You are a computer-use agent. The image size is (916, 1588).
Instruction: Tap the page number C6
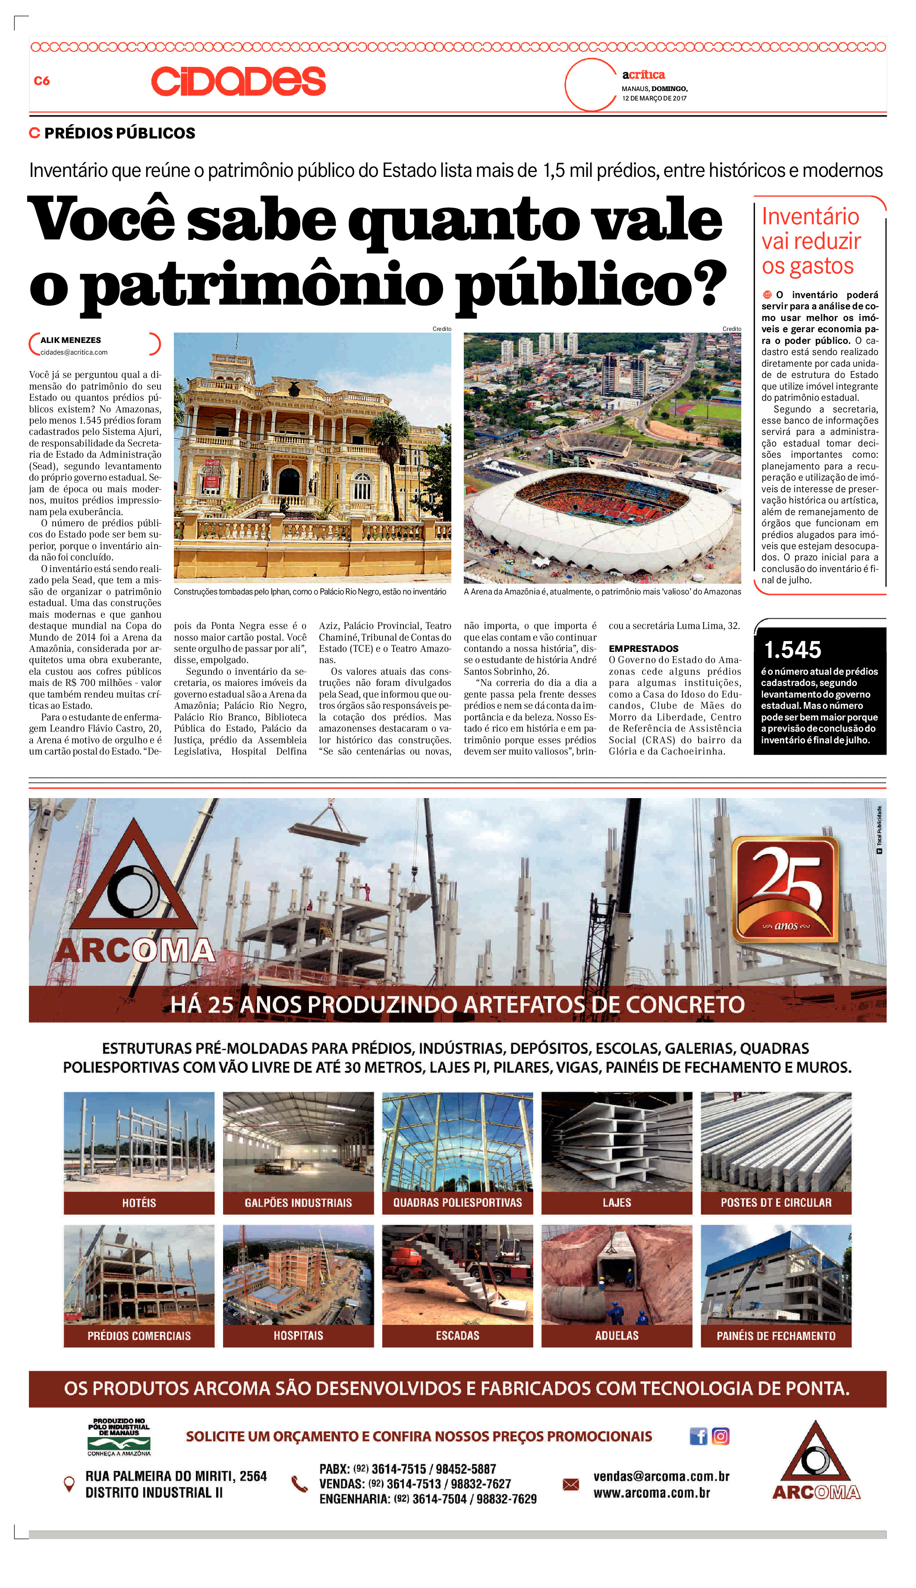tap(41, 81)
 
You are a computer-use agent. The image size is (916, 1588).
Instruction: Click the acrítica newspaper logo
tap(643, 75)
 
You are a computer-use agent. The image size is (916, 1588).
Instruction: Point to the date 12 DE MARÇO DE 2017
tap(654, 98)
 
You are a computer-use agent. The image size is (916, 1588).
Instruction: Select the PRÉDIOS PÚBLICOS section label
tap(120, 133)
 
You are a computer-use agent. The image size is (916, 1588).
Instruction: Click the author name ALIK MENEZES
tap(70, 340)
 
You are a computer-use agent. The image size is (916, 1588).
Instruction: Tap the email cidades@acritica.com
tap(74, 352)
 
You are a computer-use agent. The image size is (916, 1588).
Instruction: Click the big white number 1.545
tap(792, 649)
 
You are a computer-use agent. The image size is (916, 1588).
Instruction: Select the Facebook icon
tap(698, 1437)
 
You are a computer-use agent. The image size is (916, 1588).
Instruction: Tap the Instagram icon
tap(721, 1437)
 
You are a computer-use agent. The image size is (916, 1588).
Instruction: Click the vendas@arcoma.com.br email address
tap(661, 1476)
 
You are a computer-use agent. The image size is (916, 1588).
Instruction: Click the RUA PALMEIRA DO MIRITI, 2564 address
tap(176, 1476)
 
